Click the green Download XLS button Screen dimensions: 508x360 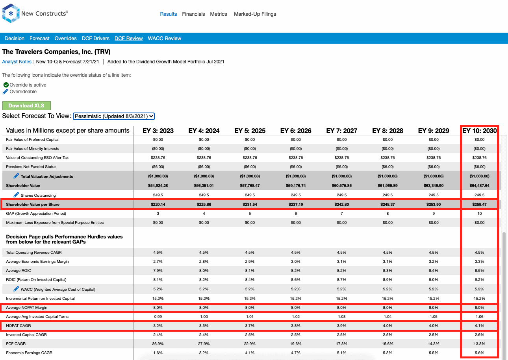pos(26,105)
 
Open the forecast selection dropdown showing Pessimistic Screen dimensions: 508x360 pos(114,116)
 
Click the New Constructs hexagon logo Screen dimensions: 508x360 pos(11,13)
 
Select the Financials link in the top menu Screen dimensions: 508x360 pos(193,14)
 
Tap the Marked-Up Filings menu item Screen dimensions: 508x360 pos(255,14)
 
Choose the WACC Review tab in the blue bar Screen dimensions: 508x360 pos(165,39)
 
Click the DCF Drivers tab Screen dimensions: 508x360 pos(95,39)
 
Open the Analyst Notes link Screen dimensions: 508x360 pos(17,62)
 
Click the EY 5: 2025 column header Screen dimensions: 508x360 pos(250,131)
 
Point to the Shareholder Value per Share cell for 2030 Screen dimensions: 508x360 pos(479,204)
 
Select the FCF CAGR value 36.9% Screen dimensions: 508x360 pos(158,344)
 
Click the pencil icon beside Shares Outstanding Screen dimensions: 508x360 pos(16,195)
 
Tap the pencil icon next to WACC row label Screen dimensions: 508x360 pos(16,289)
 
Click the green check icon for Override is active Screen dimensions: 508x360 pos(6,85)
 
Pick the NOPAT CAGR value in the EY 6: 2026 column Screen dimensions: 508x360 pos(296,325)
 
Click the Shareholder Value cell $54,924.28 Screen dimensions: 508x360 pos(158,186)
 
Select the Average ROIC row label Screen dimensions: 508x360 pos(19,271)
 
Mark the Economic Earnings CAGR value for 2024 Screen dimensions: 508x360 pos(204,353)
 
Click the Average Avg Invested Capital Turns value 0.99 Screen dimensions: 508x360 pos(158,316)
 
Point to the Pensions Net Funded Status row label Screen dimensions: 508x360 pos(31,167)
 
